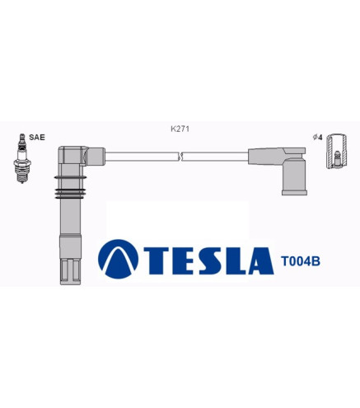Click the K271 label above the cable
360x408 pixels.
180,129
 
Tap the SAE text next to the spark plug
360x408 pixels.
37,138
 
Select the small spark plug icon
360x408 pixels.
22,158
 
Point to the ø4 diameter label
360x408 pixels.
317,138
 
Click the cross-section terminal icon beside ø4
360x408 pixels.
336,151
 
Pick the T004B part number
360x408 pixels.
301,261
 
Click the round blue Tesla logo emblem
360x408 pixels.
118,259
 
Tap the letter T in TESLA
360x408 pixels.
157,260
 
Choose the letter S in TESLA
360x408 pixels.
210,260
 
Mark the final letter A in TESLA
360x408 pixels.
261,260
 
